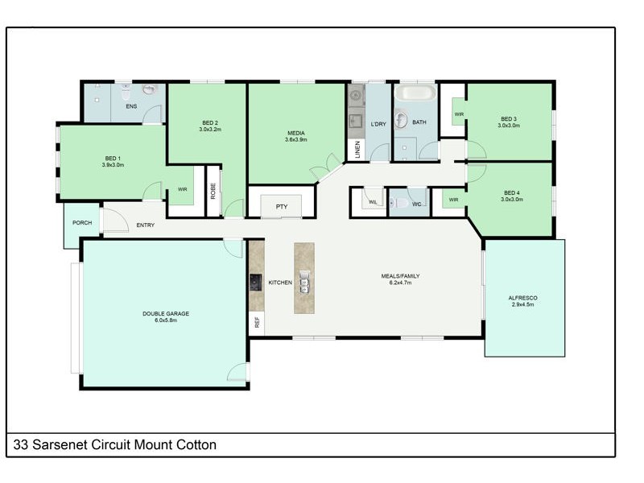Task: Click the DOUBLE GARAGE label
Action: point(166,313)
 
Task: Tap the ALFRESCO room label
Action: point(522,298)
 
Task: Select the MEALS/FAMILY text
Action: point(400,276)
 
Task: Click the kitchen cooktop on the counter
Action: point(255,282)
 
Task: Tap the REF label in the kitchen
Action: point(257,322)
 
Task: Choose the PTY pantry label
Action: point(282,207)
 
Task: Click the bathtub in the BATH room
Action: point(415,93)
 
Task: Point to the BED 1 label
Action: point(113,158)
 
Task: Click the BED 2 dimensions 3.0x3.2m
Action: point(211,129)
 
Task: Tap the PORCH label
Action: point(81,223)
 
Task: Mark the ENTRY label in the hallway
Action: point(146,225)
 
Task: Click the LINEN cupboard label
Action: point(357,150)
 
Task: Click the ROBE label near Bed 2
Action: point(213,190)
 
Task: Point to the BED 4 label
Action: point(511,192)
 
